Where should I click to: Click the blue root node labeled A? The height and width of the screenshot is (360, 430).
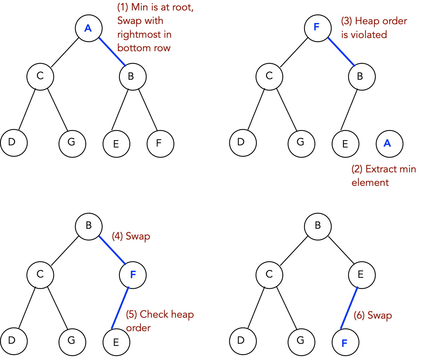click(x=89, y=28)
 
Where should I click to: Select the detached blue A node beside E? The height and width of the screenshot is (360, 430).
click(x=389, y=144)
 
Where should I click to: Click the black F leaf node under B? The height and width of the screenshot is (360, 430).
click(x=160, y=144)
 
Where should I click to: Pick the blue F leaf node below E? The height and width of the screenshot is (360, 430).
click(x=345, y=342)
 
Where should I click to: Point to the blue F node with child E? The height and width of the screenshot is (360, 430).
click(x=133, y=275)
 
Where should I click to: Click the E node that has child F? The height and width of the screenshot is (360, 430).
click(x=362, y=275)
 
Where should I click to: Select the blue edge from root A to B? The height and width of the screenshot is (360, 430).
click(x=112, y=52)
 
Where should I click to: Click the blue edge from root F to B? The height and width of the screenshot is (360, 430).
click(x=341, y=52)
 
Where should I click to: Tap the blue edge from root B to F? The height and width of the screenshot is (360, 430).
click(x=112, y=250)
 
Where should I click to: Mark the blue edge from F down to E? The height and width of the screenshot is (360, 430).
click(x=120, y=308)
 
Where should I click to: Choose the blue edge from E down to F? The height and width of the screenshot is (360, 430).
click(x=349, y=308)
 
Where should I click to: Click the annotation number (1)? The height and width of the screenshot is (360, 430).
click(x=123, y=7)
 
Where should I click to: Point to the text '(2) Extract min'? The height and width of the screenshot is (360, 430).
click(x=384, y=169)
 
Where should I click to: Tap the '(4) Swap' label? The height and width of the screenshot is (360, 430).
click(x=131, y=236)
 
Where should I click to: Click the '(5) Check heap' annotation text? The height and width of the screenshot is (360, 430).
click(x=160, y=314)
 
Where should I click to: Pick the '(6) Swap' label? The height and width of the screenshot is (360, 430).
click(x=373, y=315)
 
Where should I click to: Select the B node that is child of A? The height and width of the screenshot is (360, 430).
click(x=133, y=77)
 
